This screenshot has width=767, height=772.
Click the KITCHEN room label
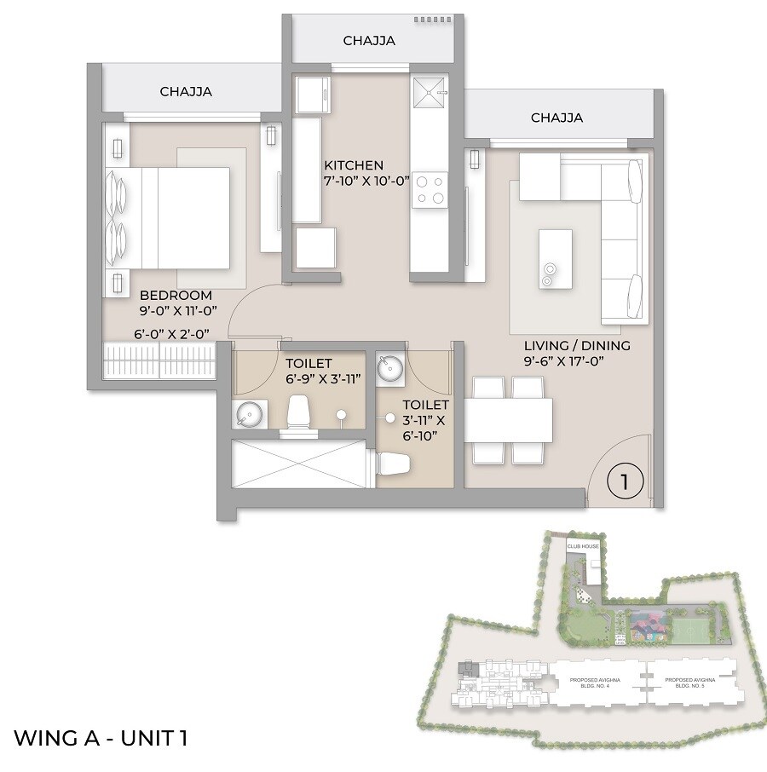click(354, 164)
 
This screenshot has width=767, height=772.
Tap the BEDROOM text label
click(176, 296)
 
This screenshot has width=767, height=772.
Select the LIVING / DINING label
click(577, 345)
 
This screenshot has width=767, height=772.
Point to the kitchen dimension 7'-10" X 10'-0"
click(367, 181)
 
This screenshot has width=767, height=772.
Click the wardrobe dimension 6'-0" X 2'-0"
click(172, 334)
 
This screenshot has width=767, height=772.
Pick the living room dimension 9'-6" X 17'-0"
click(577, 361)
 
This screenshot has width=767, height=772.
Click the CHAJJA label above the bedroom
click(186, 92)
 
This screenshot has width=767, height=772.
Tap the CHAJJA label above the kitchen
click(369, 40)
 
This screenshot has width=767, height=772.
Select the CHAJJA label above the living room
click(557, 118)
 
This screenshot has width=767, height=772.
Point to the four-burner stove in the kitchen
click(430, 189)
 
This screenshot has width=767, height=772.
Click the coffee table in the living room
click(555, 258)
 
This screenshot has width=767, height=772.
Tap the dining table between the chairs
click(508, 420)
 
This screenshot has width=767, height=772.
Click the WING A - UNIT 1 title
click(101, 737)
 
